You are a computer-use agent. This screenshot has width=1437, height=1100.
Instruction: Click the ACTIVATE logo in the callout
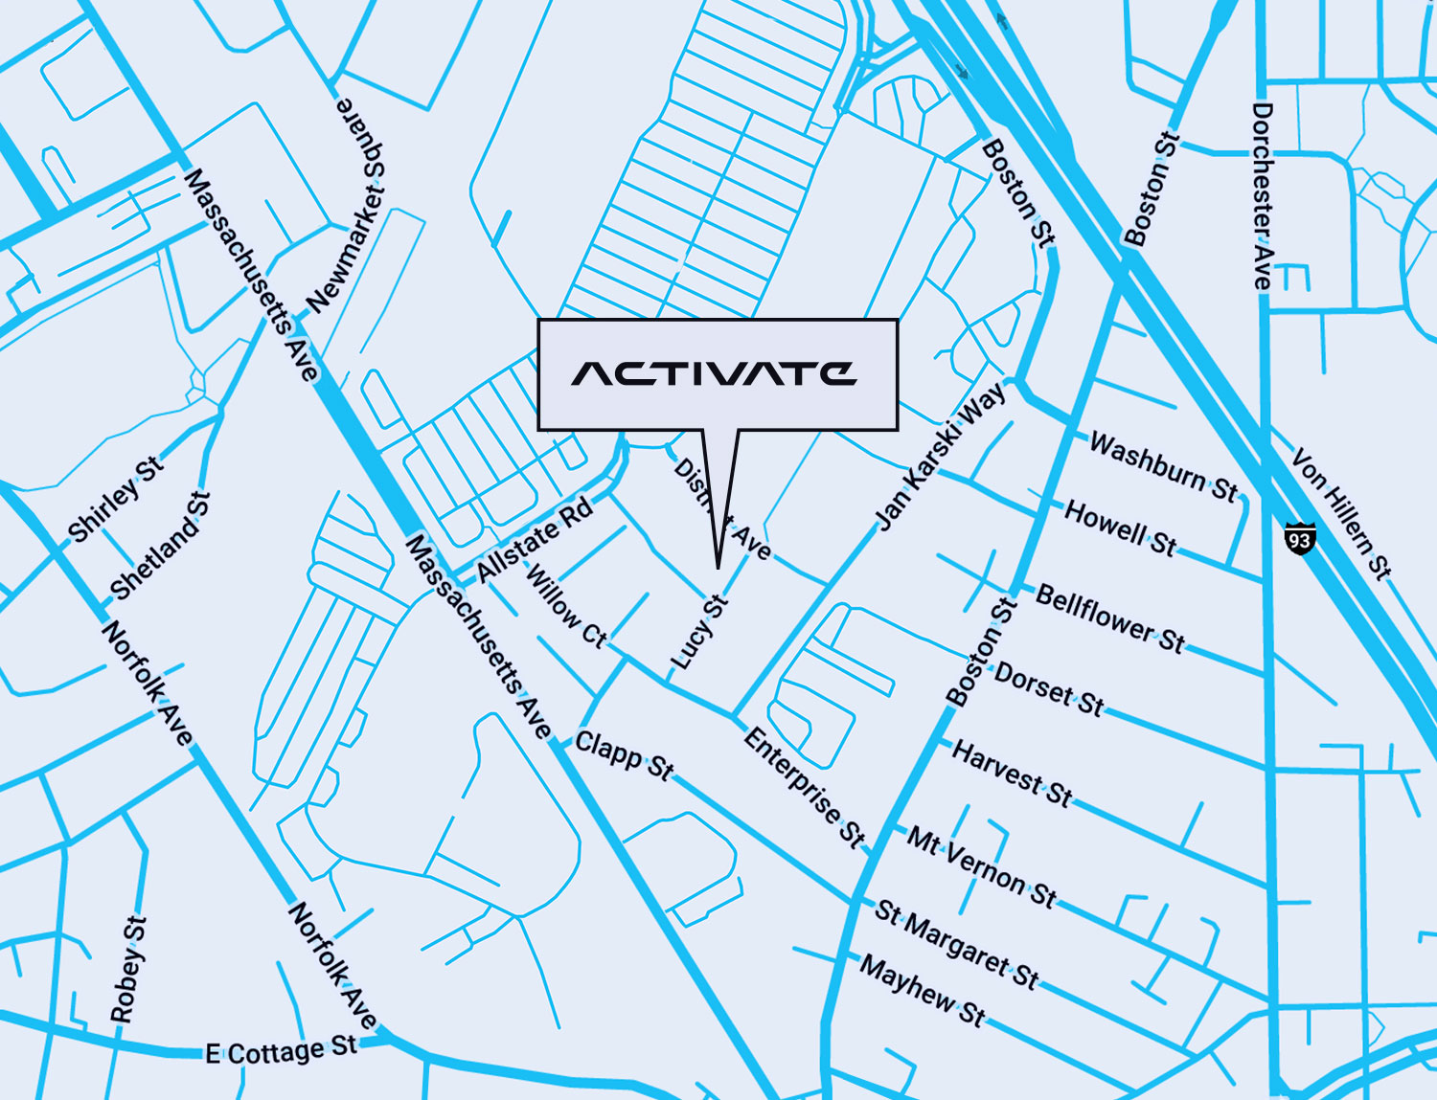[714, 373]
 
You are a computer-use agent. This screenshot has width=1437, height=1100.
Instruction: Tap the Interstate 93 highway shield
[1299, 538]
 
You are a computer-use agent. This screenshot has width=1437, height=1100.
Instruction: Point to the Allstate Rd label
[535, 540]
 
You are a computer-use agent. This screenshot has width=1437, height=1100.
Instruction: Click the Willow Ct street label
[566, 607]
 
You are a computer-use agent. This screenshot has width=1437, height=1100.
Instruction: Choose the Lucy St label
[699, 632]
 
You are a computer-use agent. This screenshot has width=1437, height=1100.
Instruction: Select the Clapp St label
[625, 755]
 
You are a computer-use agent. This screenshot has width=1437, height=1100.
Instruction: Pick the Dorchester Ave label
[1263, 196]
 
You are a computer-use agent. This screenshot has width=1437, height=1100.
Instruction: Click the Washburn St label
[1163, 467]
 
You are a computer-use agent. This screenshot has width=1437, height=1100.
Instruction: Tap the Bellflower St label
[1110, 618]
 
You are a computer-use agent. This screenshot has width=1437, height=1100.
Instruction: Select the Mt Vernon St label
[981, 867]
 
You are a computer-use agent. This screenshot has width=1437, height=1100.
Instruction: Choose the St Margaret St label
[956, 944]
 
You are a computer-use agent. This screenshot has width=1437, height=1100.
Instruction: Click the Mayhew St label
[922, 990]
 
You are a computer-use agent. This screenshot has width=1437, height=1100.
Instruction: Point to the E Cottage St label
[281, 1050]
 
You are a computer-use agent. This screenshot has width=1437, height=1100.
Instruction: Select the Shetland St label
[159, 545]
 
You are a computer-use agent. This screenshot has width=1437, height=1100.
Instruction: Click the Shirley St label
[116, 499]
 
